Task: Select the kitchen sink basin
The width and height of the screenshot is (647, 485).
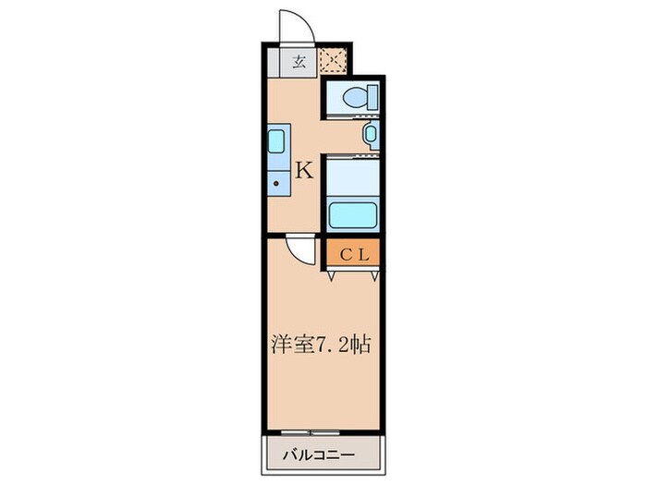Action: coord(276,143)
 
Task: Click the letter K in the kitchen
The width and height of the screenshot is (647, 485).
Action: coord(304,170)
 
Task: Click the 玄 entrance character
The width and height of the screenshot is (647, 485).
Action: coord(299,62)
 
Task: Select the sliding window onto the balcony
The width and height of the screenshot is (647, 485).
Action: coord(323,432)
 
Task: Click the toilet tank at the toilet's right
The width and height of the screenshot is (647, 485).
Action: coord(371,96)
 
